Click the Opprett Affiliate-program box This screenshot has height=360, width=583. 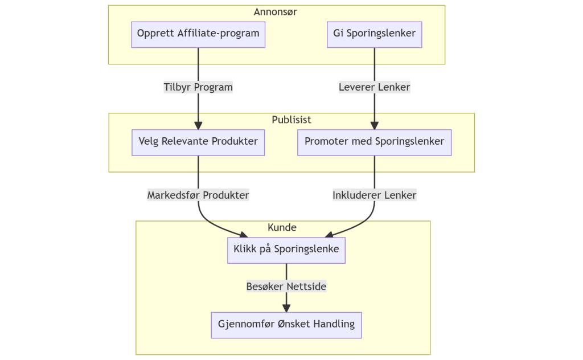[x=198, y=34]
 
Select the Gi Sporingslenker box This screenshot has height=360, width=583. [x=374, y=34]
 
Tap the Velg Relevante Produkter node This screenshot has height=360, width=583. [x=198, y=142]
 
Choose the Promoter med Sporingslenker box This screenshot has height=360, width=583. [x=374, y=142]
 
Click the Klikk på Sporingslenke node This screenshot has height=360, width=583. [x=286, y=249]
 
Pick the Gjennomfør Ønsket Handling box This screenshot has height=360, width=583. [x=286, y=325]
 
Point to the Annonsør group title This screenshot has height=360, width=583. [x=276, y=12]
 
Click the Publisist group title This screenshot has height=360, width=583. [x=291, y=120]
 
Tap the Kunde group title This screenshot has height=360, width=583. [x=282, y=228]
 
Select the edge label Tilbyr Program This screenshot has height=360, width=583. [x=198, y=88]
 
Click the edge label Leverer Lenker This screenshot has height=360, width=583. [x=374, y=88]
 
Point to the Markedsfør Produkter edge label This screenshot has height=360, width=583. [x=198, y=195]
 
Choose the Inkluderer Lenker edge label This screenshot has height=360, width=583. [x=374, y=195]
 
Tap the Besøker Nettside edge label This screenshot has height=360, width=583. [x=286, y=287]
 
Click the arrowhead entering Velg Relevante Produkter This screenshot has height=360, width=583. [x=198, y=126]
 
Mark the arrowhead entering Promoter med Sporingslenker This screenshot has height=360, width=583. [x=374, y=126]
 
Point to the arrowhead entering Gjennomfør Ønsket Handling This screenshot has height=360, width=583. [x=286, y=308]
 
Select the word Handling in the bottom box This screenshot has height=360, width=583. [x=335, y=325]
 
